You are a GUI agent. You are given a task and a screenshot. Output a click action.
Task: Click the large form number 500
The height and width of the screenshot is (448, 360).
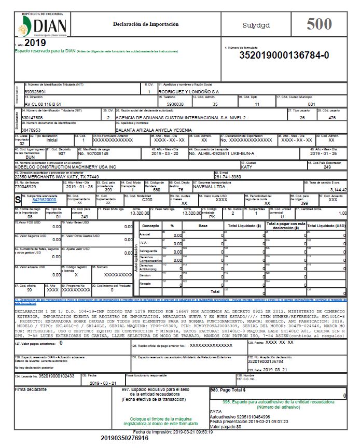coord(320,24)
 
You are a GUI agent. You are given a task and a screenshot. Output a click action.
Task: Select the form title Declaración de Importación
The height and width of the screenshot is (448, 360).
coord(145,24)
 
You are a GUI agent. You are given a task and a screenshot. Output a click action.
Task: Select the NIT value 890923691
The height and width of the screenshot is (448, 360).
coord(35,92)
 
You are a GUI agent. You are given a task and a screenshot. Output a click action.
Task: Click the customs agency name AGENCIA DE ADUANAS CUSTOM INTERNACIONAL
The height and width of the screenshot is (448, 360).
coord(181,118)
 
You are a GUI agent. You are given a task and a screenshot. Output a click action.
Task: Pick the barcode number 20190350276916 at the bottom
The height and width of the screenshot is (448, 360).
coord(124,439)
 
